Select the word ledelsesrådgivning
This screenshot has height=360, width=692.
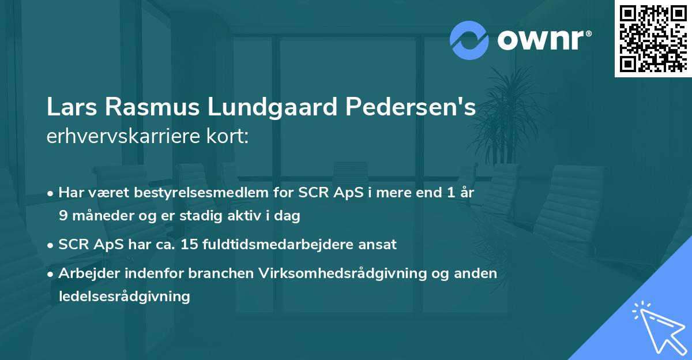pos(124,297)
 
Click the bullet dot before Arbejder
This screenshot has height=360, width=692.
pos(51,274)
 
